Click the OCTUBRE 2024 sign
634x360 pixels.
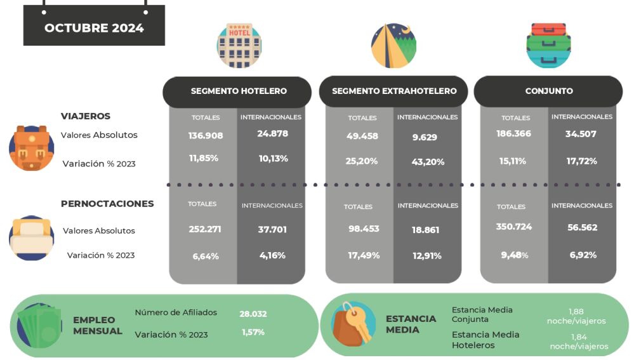click(94, 28)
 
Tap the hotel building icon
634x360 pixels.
click(239, 46)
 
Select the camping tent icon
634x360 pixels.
click(393, 46)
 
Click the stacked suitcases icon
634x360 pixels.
click(548, 45)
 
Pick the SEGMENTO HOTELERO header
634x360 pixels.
click(239, 91)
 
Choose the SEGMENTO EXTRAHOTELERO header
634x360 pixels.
click(394, 91)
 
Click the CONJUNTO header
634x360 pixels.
click(549, 91)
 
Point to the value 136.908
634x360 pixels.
click(204, 135)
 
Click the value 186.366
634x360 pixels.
click(514, 134)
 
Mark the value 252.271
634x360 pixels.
click(204, 229)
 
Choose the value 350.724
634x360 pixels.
click(514, 227)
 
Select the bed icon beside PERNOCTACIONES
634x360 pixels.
click(31, 238)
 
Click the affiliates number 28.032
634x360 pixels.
click(253, 313)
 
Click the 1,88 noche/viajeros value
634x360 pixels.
click(576, 316)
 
